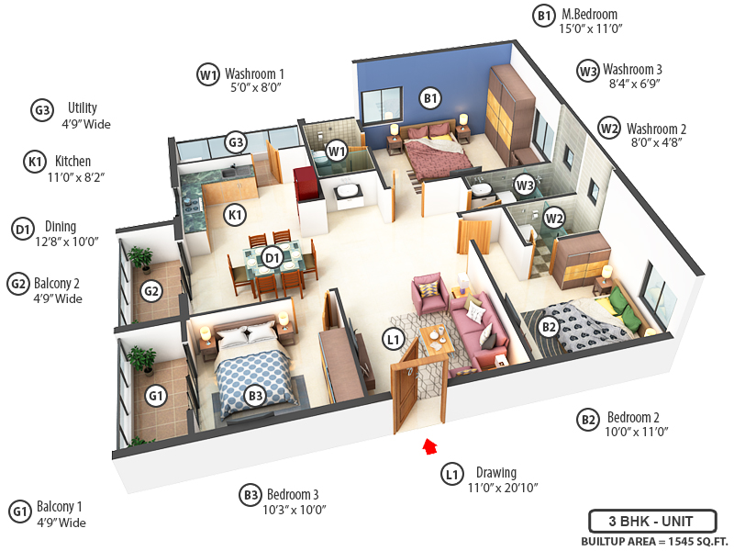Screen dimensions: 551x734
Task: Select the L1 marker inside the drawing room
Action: [394, 341]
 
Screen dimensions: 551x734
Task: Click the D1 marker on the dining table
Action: [272, 258]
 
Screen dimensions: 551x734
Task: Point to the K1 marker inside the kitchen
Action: [236, 215]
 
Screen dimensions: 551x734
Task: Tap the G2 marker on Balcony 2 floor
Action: [151, 293]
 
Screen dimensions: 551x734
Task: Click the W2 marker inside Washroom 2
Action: [553, 218]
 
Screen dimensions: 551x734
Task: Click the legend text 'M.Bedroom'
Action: [589, 15]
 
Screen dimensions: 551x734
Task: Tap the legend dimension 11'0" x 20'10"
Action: [502, 488]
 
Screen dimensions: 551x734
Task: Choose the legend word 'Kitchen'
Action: [72, 162]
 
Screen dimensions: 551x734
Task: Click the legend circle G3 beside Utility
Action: [42, 111]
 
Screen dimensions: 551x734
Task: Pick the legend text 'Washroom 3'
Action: [632, 70]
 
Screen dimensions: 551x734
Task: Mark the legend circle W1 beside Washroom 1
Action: [208, 74]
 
